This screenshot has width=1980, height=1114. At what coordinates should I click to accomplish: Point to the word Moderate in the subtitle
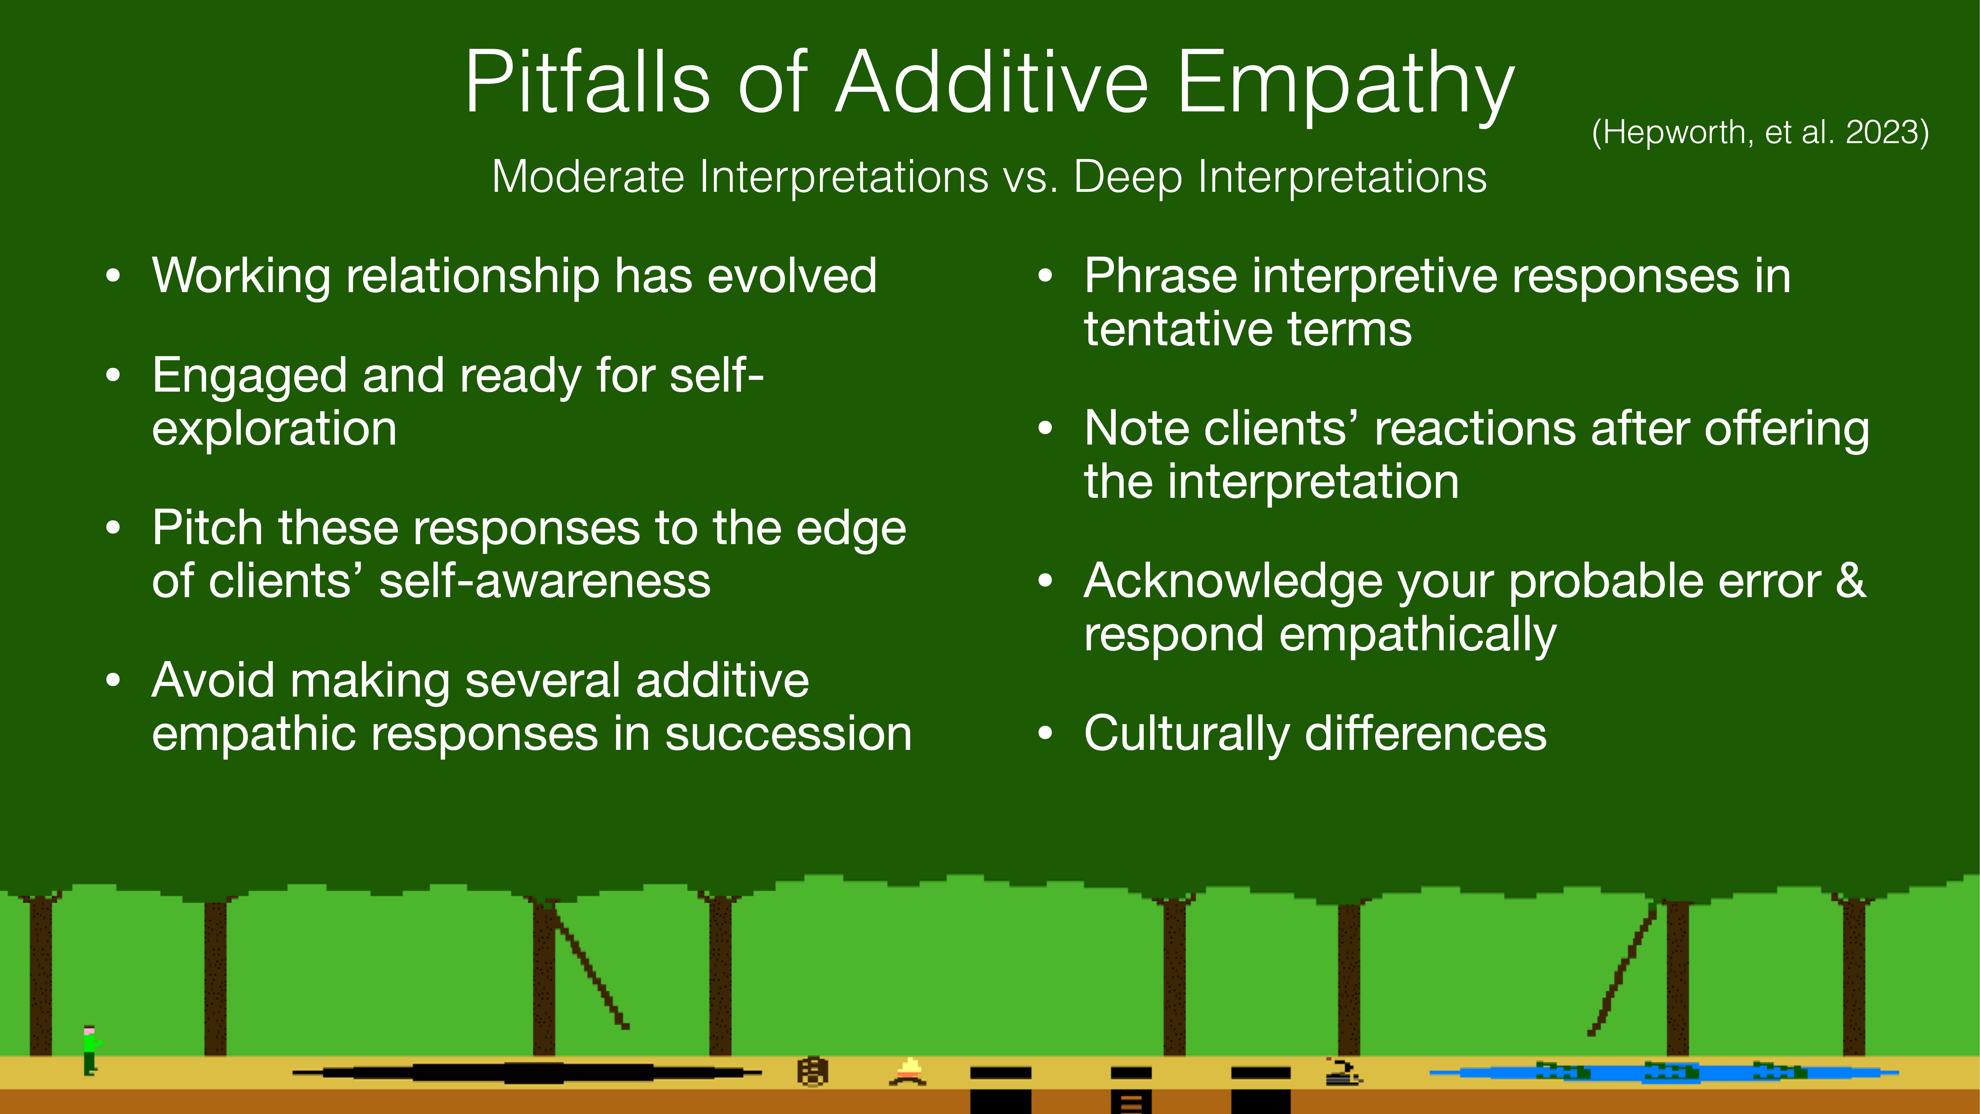coord(588,177)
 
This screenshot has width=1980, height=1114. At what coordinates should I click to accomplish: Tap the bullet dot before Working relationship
coord(114,276)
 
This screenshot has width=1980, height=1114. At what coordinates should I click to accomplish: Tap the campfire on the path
coord(908,1071)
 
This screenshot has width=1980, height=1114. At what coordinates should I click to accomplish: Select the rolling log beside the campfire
coord(812,1071)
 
